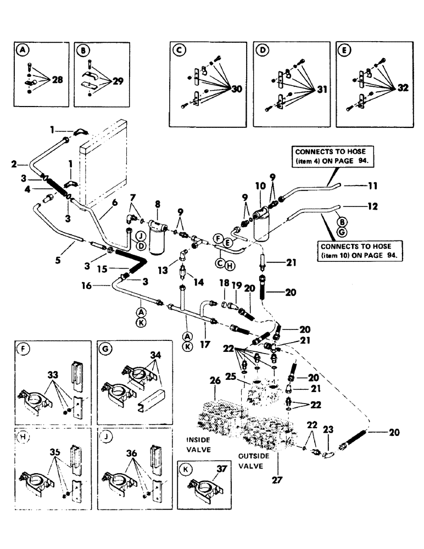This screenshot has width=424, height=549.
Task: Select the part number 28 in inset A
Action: click(x=57, y=80)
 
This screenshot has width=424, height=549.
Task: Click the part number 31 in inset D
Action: click(x=317, y=90)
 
